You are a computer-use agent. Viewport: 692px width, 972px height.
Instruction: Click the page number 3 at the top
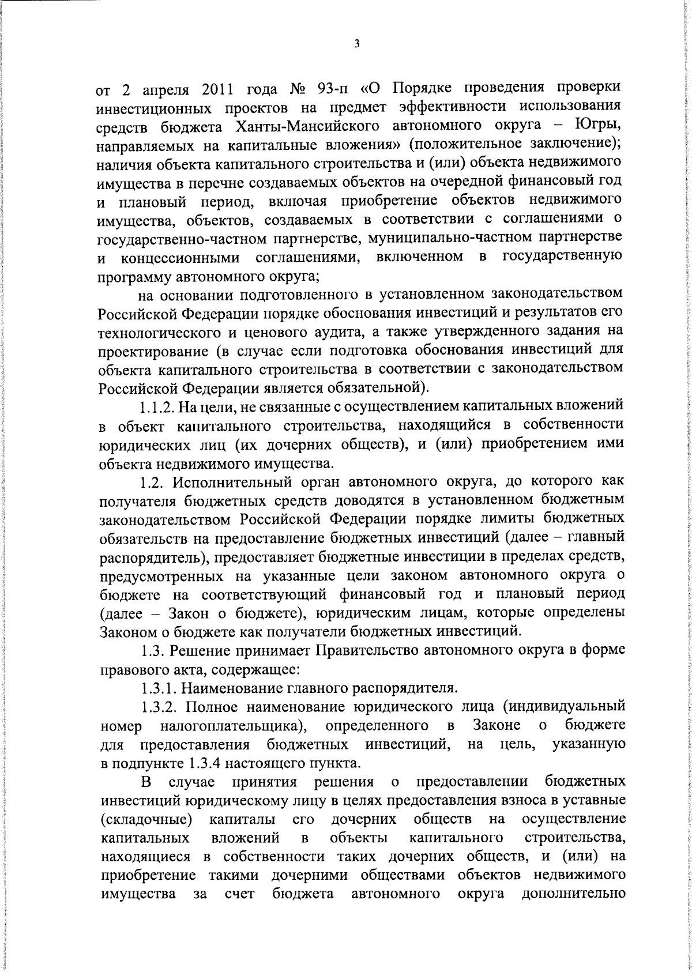pyautogui.click(x=357, y=44)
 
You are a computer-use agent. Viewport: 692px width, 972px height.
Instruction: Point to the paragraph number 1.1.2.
pyautogui.click(x=157, y=407)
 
